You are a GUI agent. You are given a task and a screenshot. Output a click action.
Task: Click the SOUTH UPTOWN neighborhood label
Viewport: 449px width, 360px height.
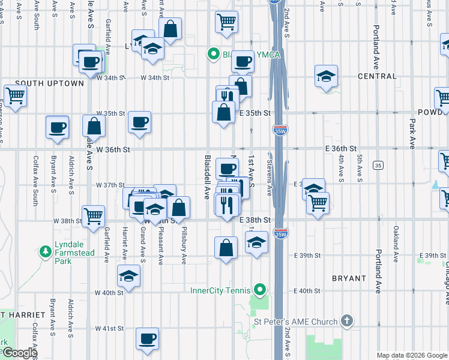[49, 83]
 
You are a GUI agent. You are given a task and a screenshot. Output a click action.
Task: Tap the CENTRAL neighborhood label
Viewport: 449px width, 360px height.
[377, 76]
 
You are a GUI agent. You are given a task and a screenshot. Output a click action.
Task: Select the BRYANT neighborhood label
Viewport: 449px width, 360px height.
[349, 278]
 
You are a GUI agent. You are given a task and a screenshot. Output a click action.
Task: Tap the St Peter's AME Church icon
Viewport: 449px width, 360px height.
[346, 321]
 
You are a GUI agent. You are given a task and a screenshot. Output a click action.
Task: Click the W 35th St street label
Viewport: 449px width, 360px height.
[110, 113]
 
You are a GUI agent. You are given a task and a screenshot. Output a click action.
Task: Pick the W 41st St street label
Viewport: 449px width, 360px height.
[109, 328]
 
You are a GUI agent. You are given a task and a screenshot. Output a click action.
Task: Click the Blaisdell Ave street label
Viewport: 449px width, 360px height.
[206, 177]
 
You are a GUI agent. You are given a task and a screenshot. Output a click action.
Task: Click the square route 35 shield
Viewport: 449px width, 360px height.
[378, 165]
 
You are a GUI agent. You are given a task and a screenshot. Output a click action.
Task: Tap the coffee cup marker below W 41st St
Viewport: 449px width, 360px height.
[147, 338]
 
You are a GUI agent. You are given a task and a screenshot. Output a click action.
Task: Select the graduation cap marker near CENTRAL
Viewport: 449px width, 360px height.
[327, 76]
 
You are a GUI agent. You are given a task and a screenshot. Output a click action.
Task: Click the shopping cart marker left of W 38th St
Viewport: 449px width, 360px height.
[93, 217]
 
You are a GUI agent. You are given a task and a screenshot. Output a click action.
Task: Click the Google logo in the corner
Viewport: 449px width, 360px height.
[19, 353]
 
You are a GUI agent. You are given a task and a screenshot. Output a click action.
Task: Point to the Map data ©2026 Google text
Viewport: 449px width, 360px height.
[412, 355]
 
